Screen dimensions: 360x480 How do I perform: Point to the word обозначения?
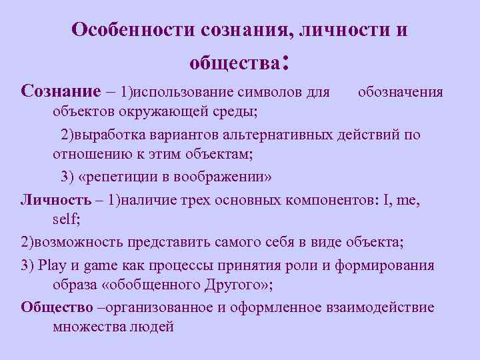tap(400, 91)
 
